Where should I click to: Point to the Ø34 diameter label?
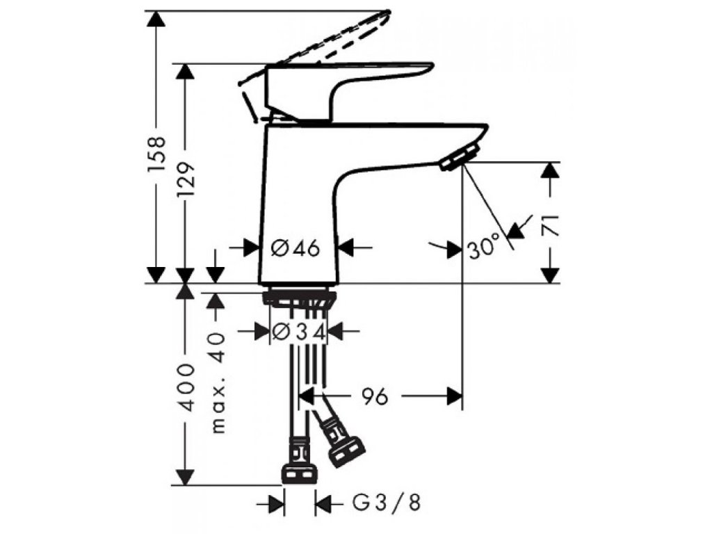(x=298, y=332)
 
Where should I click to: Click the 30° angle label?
(x=484, y=248)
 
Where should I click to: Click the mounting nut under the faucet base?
(x=299, y=298)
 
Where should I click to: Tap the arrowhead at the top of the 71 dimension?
(x=551, y=169)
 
